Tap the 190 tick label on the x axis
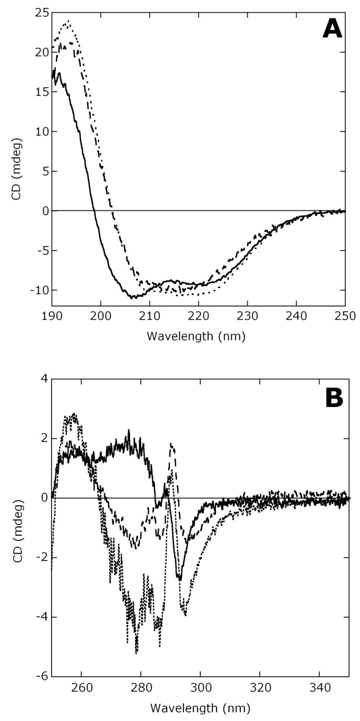click(x=52, y=316)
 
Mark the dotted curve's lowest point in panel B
click(x=137, y=652)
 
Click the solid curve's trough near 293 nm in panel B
click(x=180, y=579)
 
